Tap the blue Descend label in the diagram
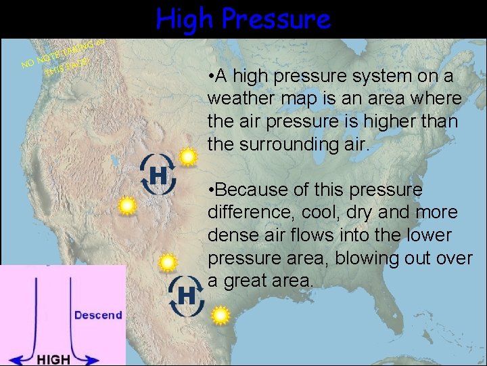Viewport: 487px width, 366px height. (98, 314)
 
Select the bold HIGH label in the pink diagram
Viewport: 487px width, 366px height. (53, 359)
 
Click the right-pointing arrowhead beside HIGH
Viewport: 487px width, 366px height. (114, 356)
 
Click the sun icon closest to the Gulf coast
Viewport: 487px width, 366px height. (220, 315)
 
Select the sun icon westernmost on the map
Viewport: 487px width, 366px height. (126, 205)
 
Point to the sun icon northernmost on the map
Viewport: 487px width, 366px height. (187, 158)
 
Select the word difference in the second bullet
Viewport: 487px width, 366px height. (246, 213)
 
